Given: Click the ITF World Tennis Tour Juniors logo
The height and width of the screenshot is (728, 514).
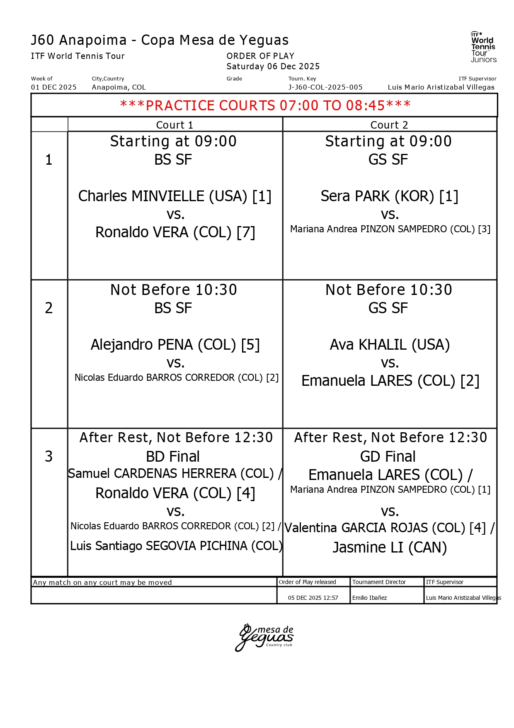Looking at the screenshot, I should [483, 47].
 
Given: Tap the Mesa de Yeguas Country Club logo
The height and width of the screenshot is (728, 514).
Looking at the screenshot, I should [264, 637].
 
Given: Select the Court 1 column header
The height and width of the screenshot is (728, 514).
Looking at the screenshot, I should [175, 125].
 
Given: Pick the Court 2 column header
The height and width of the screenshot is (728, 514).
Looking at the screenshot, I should [389, 125].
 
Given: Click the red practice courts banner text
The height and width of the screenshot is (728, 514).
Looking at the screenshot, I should [265, 105].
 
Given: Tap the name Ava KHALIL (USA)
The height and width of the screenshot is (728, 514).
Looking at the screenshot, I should [390, 345].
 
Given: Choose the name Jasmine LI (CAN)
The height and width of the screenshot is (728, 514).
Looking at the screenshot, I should [390, 548].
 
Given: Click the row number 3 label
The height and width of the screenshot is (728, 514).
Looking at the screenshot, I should [49, 456].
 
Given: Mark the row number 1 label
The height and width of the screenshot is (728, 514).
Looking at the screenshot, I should [49, 160].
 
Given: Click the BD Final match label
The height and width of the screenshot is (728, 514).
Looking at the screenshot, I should [173, 457].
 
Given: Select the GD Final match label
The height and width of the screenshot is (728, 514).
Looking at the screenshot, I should [388, 457].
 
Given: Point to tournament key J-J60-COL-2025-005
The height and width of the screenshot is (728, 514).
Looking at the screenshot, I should [325, 87].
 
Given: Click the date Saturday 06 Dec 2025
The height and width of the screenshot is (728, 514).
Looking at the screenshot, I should [273, 66].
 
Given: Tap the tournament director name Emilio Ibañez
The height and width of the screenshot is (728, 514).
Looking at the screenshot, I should [369, 598].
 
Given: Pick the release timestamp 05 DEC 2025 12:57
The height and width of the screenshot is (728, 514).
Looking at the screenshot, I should [313, 598].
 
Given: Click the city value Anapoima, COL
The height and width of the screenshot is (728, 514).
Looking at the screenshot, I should [119, 87].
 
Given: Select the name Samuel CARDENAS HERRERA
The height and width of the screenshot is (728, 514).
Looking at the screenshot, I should [171, 474].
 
